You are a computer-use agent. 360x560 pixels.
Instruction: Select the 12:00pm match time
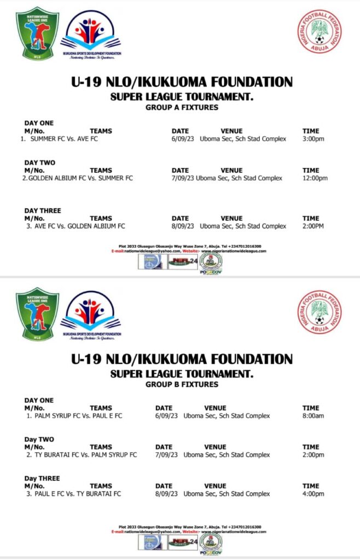click(315, 178)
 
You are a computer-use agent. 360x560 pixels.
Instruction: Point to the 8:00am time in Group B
click(313, 416)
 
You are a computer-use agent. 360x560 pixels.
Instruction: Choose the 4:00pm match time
click(313, 494)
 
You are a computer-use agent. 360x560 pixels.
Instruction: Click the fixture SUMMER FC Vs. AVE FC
click(64, 139)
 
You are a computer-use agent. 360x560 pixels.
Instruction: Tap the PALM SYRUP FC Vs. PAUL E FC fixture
click(75, 416)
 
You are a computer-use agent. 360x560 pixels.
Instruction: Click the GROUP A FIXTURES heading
click(182, 108)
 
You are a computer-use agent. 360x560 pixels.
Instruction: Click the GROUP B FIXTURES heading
click(182, 385)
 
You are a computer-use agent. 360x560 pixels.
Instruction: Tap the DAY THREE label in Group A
click(43, 211)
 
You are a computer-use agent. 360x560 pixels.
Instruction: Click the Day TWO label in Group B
click(39, 439)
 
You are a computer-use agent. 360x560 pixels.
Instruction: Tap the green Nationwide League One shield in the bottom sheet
click(37, 314)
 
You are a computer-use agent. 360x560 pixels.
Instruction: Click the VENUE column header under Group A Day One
click(231, 131)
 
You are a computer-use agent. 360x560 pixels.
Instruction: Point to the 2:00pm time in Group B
click(313, 455)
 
